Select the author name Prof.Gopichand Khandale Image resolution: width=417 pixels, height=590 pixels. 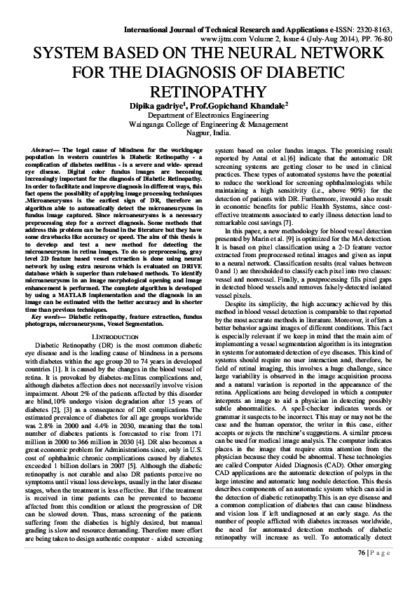point(240,106)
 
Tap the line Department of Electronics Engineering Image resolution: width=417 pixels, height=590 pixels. point(207,115)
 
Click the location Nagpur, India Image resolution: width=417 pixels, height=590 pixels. point(207,132)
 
